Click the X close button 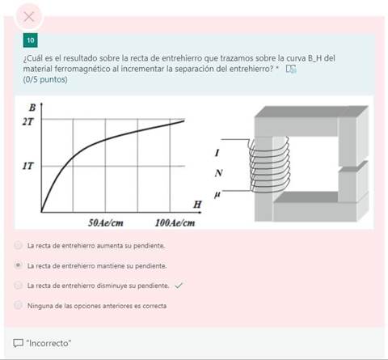pyautogui.click(x=29, y=16)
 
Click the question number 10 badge pyautogui.click(x=30, y=40)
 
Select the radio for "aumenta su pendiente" pyautogui.click(x=19, y=244)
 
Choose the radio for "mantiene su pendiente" pyautogui.click(x=19, y=265)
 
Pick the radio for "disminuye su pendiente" pyautogui.click(x=19, y=285)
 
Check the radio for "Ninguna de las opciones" pyautogui.click(x=19, y=305)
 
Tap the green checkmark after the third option pyautogui.click(x=179, y=285)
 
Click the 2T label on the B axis pyautogui.click(x=28, y=121)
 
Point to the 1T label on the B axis pyautogui.click(x=28, y=166)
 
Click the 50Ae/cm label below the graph pyautogui.click(x=105, y=222)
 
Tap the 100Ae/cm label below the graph pyautogui.click(x=175, y=222)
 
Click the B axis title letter pyautogui.click(x=32, y=107)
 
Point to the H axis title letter pyautogui.click(x=196, y=202)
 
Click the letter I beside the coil pyautogui.click(x=217, y=153)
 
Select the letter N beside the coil pyautogui.click(x=218, y=173)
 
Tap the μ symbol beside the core pyautogui.click(x=217, y=194)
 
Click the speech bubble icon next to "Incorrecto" pyautogui.click(x=19, y=343)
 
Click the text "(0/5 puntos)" pyautogui.click(x=45, y=79)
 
